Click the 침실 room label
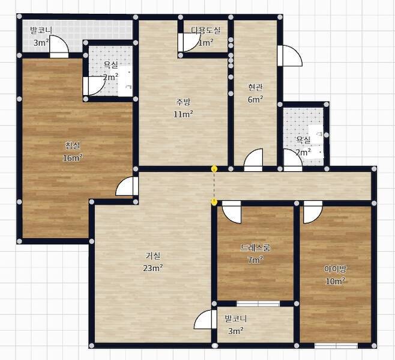73,145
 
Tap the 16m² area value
73,158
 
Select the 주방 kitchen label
183,102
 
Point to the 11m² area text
183,114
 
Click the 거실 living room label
153,256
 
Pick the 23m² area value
153,268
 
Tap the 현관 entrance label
256,88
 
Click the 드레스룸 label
256,248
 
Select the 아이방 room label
335,269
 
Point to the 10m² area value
335,281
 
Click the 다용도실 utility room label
205,31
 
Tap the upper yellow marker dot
214,168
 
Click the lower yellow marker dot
214,202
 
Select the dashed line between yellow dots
214,185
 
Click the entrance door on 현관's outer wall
290,56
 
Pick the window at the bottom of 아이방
336,346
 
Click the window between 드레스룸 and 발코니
258,304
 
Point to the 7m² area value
256,260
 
